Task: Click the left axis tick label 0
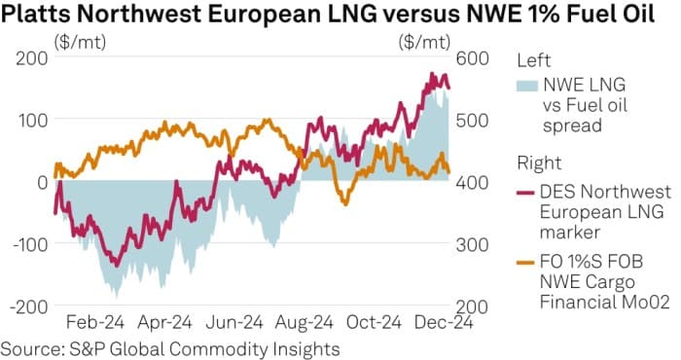pyautogui.click(x=42, y=182)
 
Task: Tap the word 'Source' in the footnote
pyautogui.click(x=27, y=347)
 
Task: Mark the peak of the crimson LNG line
pyautogui.click(x=430, y=74)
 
